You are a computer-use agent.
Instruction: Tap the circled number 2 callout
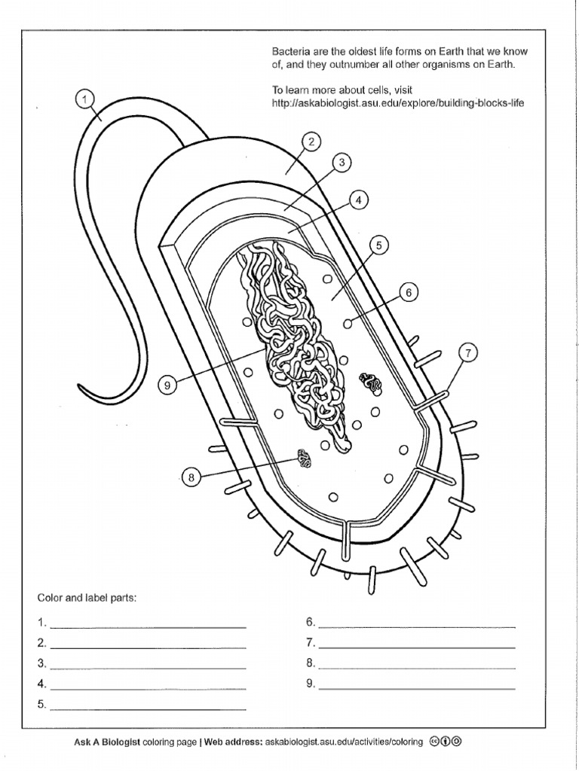pos(310,141)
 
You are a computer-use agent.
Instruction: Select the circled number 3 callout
pos(341,162)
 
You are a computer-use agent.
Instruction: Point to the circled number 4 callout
pos(360,200)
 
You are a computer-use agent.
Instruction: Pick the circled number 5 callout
pos(379,245)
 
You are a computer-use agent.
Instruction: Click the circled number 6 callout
pos(408,293)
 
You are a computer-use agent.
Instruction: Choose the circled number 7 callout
pos(467,353)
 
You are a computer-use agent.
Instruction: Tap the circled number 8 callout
pos(191,477)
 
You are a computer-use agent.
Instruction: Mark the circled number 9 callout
pos(169,385)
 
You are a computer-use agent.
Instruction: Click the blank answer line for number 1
pos(148,626)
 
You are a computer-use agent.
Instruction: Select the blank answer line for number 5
pos(148,709)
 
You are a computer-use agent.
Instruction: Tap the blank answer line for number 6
pos(417,626)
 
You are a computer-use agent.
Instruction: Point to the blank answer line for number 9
pos(417,687)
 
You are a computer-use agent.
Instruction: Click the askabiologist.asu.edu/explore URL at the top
pos(397,102)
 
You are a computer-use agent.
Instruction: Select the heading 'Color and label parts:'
pos(87,598)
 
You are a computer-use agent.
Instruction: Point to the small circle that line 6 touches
pos(348,323)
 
